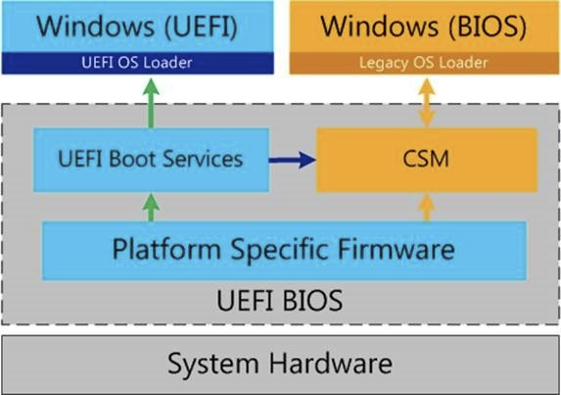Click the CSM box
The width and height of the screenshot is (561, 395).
(427, 160)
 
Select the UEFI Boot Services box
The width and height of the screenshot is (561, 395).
(152, 160)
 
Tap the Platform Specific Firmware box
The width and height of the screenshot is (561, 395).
(284, 250)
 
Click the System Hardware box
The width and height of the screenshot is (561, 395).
(280, 365)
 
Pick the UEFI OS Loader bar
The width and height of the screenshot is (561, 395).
(138, 63)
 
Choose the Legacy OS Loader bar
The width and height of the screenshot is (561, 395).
(424, 63)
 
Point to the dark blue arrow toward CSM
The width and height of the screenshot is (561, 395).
(293, 160)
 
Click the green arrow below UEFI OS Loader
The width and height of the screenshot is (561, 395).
(151, 103)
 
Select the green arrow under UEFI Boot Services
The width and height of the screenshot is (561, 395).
(151, 208)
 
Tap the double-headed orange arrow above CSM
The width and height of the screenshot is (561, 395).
(427, 103)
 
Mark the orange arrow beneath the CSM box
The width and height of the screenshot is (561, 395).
(427, 208)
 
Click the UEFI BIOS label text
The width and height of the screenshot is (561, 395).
(280, 301)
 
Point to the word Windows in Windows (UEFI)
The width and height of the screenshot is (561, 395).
(97, 25)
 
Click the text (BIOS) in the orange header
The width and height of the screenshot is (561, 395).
(488, 26)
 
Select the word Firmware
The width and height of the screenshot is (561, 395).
(397, 249)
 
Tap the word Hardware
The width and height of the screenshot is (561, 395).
(331, 364)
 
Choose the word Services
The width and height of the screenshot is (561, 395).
(203, 159)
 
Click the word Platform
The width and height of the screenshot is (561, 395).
(166, 250)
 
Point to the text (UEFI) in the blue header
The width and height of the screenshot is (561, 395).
(201, 26)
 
